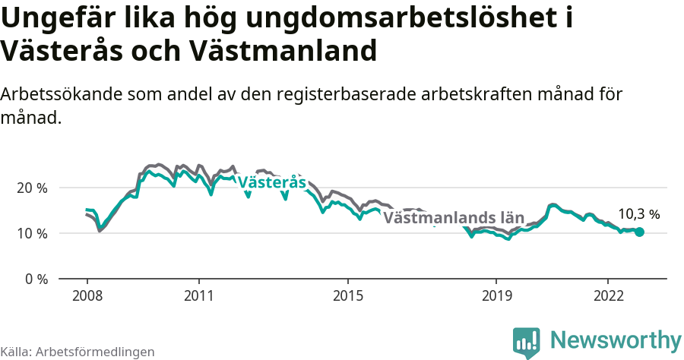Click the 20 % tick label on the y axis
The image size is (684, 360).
point(32,188)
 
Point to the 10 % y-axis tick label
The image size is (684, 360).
point(32,233)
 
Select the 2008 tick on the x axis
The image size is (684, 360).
point(87,295)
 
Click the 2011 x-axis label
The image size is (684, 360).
point(198,295)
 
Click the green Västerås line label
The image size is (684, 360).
point(271,183)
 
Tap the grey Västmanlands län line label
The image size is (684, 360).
point(454,218)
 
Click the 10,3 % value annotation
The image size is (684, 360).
point(639,215)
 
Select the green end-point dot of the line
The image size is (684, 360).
point(639,232)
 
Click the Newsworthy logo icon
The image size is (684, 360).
point(527,343)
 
